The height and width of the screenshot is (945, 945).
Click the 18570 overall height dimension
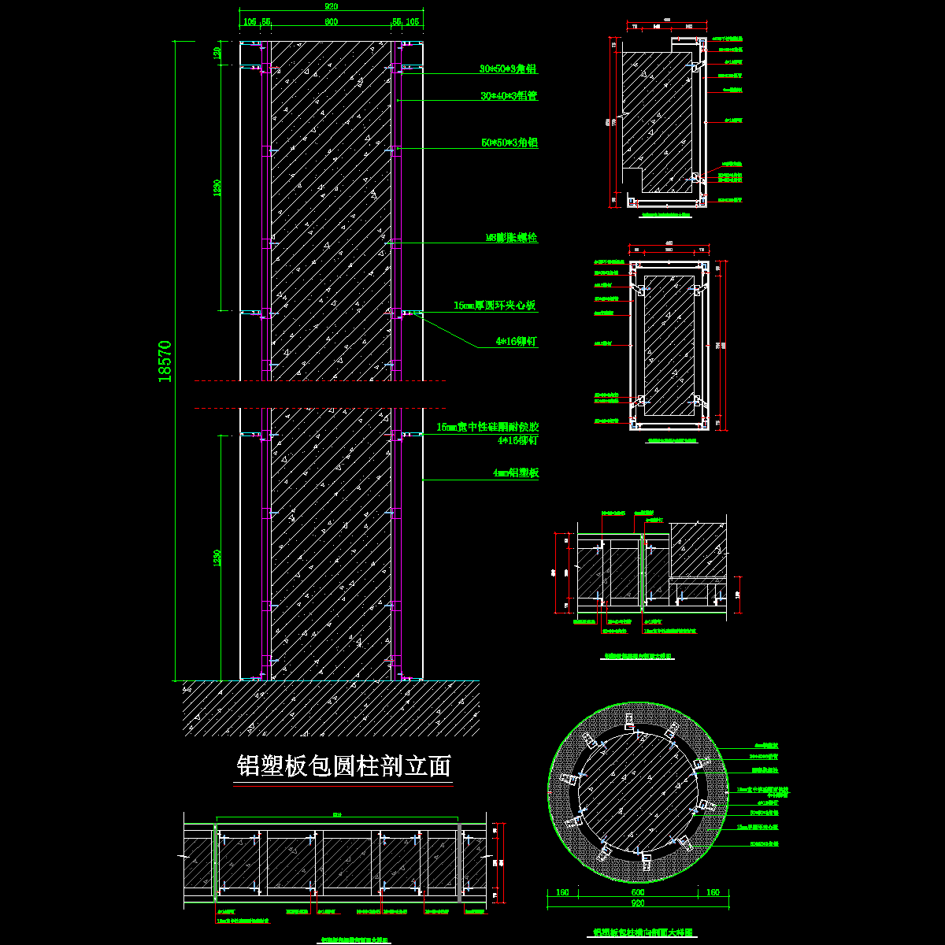click(165, 361)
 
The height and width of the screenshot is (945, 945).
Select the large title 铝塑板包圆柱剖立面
click(344, 766)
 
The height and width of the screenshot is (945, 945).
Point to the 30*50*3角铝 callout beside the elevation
click(509, 69)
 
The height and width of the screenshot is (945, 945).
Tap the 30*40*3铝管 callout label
click(509, 96)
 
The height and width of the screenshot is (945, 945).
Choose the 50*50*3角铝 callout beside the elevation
click(509, 143)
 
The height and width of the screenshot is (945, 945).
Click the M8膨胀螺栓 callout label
click(511, 237)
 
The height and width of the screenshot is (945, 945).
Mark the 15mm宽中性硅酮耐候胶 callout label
click(487, 427)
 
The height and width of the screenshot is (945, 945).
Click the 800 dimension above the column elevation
click(332, 22)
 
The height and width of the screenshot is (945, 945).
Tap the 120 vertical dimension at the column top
click(217, 54)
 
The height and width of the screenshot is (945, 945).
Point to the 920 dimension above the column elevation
click(332, 6)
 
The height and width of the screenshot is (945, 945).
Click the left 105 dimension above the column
click(250, 22)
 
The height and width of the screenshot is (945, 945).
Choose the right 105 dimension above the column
click(412, 22)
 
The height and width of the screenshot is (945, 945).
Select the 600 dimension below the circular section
click(638, 892)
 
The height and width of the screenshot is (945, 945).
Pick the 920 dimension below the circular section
click(638, 904)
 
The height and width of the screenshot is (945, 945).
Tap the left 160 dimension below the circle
click(562, 892)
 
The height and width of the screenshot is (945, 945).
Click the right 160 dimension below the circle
click(713, 892)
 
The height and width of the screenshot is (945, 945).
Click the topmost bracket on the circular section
click(629, 721)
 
